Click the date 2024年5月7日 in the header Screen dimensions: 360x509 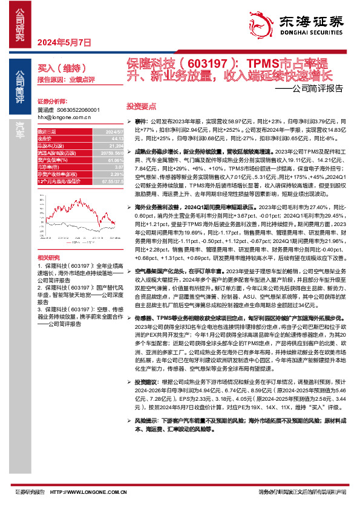[64, 42]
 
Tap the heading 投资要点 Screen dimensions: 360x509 [139, 105]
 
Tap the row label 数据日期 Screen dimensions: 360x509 [47, 131]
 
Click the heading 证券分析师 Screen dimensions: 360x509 [50, 101]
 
